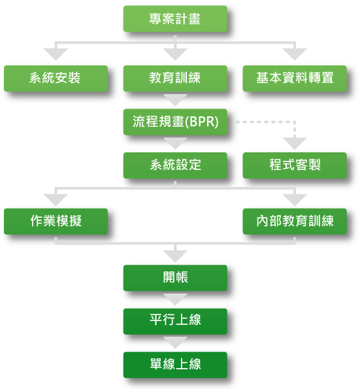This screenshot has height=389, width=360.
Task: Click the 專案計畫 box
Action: tap(175, 19)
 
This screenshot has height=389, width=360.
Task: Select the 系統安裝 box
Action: tap(56, 78)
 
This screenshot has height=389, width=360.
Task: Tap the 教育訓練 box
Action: tap(175, 78)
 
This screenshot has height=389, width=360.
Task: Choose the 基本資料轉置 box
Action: tap(295, 78)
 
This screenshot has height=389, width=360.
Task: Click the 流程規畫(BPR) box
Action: tap(175, 122)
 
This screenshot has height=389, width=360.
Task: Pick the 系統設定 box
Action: tap(175, 165)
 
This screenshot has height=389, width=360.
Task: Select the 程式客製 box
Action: tap(295, 165)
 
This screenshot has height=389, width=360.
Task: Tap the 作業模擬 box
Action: tap(56, 222)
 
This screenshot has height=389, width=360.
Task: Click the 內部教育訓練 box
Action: tap(295, 222)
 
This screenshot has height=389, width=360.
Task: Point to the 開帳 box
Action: tap(175, 278)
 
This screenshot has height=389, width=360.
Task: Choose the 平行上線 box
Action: tap(175, 322)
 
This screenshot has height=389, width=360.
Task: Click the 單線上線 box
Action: tap(175, 365)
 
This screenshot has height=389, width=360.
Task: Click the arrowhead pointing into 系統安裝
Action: tap(56, 54)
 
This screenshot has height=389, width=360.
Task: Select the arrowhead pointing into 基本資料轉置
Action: tap(295, 54)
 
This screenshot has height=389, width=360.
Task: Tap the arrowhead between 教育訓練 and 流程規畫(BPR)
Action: tap(175, 100)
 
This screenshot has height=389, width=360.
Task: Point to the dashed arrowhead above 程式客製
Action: tap(295, 143)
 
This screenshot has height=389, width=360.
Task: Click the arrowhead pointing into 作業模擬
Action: tap(56, 200)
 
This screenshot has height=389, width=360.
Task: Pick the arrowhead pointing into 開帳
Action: tap(175, 256)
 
